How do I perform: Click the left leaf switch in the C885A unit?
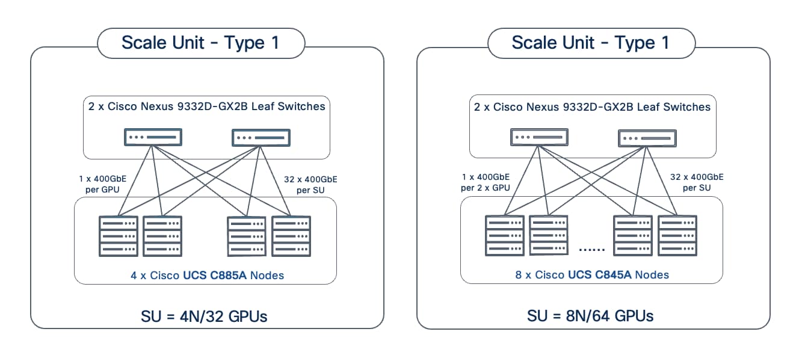(x=153, y=137)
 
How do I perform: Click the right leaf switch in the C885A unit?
(x=261, y=138)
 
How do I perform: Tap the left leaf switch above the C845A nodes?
(x=539, y=138)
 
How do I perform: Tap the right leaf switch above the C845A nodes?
(x=647, y=138)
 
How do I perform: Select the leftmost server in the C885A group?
(x=118, y=236)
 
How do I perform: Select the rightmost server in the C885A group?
(x=291, y=236)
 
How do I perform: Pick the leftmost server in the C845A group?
(x=504, y=235)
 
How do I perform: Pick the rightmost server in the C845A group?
(x=677, y=235)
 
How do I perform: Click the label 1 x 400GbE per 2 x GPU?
(x=486, y=182)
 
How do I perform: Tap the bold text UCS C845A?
(x=600, y=275)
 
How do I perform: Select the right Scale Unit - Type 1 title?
(x=590, y=43)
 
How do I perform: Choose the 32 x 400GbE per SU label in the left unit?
(x=310, y=183)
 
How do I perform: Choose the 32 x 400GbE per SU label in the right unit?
(x=697, y=182)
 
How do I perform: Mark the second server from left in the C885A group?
(x=162, y=236)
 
